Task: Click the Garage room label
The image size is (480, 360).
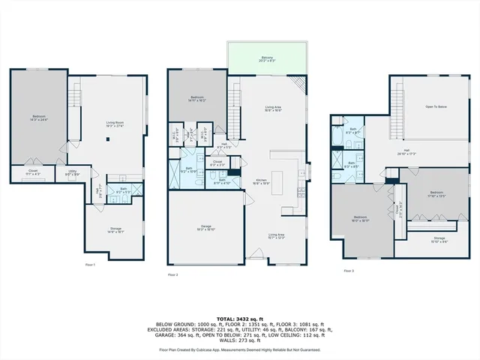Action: click(x=205, y=229)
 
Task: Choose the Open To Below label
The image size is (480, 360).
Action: click(x=436, y=107)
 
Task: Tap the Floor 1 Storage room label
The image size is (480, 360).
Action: click(x=115, y=229)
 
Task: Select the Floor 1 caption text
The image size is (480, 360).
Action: click(x=91, y=264)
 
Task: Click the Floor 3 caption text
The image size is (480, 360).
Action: click(x=348, y=271)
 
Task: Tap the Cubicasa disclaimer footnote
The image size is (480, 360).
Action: click(x=240, y=349)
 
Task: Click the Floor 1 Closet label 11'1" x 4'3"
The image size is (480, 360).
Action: click(x=33, y=172)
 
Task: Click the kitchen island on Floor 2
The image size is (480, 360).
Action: click(x=277, y=182)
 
